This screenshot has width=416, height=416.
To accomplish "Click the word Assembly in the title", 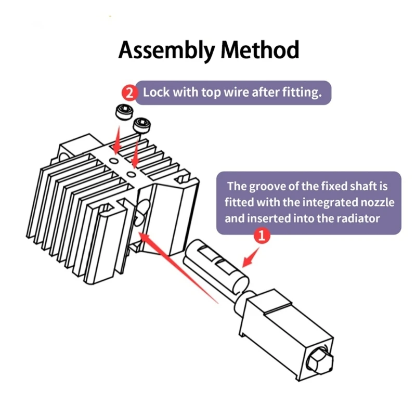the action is pos(166,50).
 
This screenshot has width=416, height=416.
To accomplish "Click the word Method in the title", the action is pos(260,49).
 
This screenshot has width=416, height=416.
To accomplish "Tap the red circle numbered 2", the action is pos(129,93).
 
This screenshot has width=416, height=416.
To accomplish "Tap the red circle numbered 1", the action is pos(262,235).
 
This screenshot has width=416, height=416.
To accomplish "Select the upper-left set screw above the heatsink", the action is pos(124,112).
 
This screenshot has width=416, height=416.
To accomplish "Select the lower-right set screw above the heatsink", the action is pos(142,125).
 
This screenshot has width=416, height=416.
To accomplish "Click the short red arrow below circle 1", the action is pos(251,257).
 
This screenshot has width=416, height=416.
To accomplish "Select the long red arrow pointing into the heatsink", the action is pos(178,267).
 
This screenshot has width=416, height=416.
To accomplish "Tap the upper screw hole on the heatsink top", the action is pos(114,161).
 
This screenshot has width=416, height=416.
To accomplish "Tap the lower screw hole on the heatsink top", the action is pos(132,174).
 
